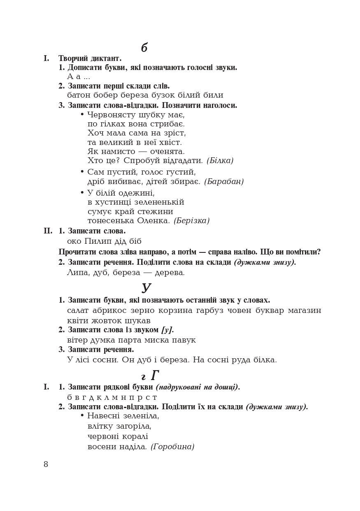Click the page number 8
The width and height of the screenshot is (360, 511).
click(x=46, y=464)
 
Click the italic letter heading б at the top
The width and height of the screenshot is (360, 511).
click(x=144, y=48)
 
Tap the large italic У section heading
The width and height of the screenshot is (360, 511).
click(x=146, y=287)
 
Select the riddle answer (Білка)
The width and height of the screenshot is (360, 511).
click(x=220, y=161)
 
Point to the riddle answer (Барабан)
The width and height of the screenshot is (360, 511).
click(x=224, y=182)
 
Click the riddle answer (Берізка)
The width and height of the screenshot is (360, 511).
click(x=191, y=221)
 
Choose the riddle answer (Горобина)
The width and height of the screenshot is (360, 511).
click(x=172, y=447)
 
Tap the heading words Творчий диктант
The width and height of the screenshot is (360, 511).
click(x=90, y=58)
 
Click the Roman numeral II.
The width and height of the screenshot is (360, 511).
click(x=48, y=231)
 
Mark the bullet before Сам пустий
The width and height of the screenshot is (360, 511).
click(x=82, y=171)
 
